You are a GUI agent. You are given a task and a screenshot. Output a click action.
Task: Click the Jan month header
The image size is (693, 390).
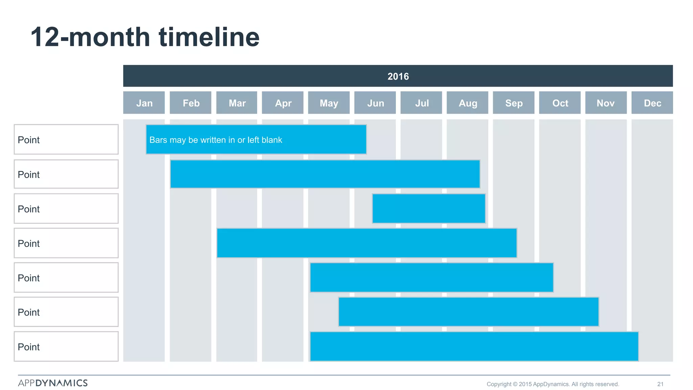coord(144,103)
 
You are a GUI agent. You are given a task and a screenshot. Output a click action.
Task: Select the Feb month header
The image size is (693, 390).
coord(191,103)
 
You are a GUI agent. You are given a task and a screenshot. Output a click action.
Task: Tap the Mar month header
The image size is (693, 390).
coord(237,103)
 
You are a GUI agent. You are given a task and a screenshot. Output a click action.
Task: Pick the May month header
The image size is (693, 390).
coord(329,103)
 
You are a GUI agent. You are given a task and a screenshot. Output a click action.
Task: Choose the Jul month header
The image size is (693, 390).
coord(421,103)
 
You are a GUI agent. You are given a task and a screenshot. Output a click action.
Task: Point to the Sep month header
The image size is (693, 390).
coord(514,103)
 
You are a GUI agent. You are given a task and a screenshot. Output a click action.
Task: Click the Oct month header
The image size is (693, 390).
coord(560,103)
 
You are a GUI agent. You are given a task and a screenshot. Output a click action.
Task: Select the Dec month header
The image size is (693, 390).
coord(652,103)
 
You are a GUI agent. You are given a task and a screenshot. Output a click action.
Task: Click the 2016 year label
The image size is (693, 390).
coord(398,76)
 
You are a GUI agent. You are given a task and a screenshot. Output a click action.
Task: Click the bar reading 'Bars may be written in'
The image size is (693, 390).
coord(256,139)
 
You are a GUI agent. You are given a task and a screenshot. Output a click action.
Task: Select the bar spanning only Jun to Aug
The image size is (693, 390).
coord(429,209)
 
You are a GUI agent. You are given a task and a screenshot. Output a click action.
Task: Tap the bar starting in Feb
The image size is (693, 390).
coord(325,174)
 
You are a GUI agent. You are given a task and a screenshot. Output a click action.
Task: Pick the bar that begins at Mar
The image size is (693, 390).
coord(367,243)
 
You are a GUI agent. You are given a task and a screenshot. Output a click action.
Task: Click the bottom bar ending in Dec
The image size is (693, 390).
coord(474,346)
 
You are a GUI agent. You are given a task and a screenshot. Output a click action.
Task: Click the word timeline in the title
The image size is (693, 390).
coord(209,37)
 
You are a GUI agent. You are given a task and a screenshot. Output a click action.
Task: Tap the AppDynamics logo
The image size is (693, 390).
coord(53,383)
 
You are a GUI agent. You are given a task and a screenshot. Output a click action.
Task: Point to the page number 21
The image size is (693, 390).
coord(660,384)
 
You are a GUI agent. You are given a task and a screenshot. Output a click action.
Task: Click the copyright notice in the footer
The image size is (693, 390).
coord(553,384)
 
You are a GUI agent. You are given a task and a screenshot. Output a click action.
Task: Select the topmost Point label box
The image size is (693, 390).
coord(66,139)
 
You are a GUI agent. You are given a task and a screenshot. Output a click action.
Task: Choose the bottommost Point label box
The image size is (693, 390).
coord(66,346)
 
